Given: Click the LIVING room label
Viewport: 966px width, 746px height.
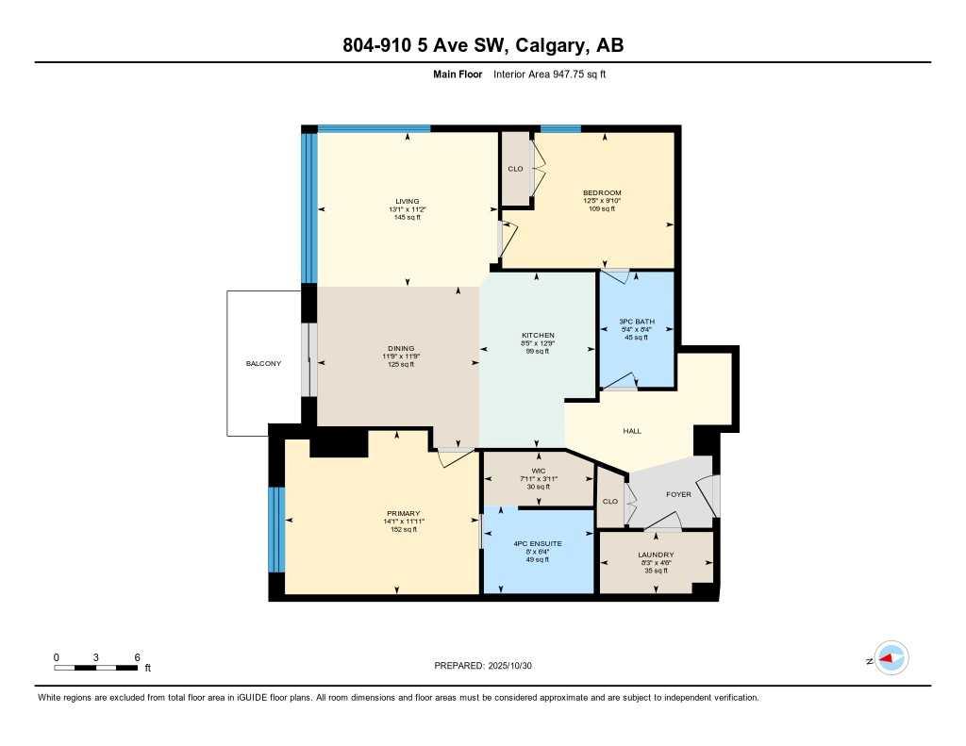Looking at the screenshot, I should [x=407, y=201].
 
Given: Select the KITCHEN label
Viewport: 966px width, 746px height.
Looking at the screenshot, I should [x=538, y=336].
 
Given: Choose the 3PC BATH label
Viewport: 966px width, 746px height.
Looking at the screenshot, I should [x=636, y=322].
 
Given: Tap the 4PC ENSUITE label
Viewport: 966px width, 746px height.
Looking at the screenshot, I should [x=537, y=543].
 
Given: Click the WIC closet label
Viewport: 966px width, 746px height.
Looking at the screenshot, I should [x=538, y=471].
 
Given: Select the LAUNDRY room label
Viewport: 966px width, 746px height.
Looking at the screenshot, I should [x=654, y=555].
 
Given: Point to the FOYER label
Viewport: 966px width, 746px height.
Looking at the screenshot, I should [x=678, y=494].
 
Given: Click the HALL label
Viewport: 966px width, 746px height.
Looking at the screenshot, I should [x=632, y=431].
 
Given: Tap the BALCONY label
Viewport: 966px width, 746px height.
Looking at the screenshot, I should [x=263, y=363].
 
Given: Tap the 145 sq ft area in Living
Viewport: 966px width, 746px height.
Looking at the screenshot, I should [x=407, y=218].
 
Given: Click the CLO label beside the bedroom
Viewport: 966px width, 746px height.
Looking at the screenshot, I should [x=515, y=169].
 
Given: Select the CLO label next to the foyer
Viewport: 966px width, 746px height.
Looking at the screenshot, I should [x=610, y=501].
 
